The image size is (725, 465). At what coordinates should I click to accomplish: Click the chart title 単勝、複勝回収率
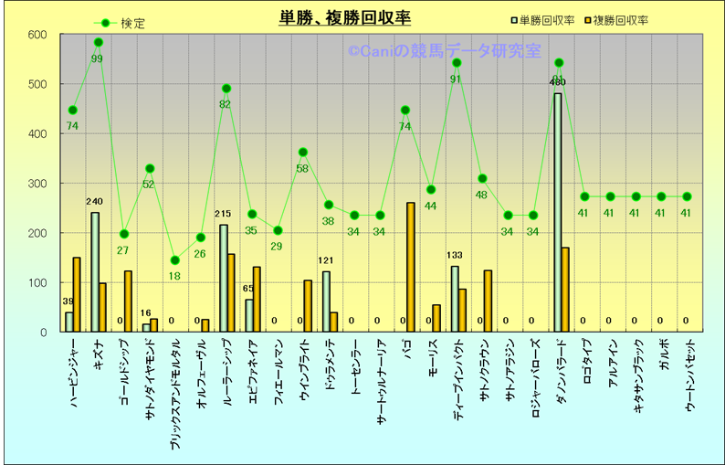[x=344, y=18]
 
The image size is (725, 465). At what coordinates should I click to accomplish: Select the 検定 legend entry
[x=132, y=23]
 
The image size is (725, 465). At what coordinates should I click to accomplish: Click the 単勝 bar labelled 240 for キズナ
[x=95, y=272]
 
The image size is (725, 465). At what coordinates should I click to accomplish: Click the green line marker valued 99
[x=99, y=42]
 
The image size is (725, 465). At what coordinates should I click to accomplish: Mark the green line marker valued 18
[x=175, y=260]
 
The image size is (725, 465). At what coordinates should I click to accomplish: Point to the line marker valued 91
[x=457, y=62]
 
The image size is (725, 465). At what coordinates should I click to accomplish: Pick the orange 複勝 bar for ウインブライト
[x=308, y=306]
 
